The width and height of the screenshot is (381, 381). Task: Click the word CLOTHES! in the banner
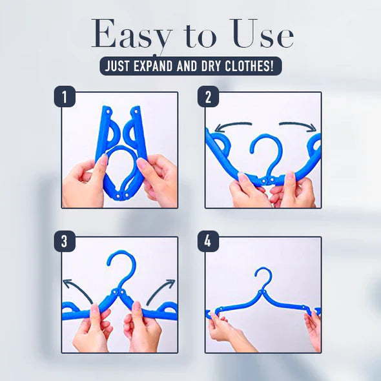pyautogui.click(x=251, y=67)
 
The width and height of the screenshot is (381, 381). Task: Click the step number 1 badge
pyautogui.click(x=64, y=98)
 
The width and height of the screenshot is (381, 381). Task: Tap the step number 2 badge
pyautogui.click(x=208, y=98)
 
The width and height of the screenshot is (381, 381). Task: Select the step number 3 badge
pyautogui.click(x=64, y=242)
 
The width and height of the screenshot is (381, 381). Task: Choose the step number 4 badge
pyautogui.click(x=208, y=242)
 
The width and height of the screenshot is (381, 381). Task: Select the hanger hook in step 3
pyautogui.click(x=120, y=266)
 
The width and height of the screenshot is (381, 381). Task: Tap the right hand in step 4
pyautogui.click(x=313, y=329)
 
